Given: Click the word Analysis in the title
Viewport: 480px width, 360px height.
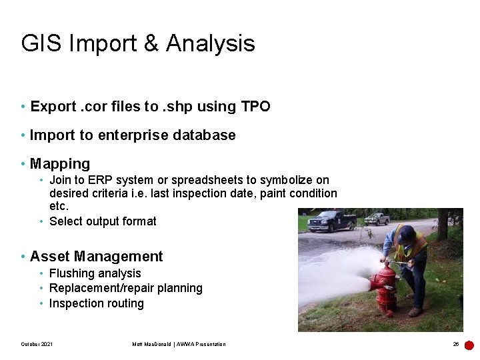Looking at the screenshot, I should (x=210, y=44).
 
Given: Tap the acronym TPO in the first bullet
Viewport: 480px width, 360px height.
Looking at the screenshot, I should (x=255, y=107).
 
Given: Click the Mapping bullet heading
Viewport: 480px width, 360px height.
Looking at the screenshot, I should (x=60, y=164).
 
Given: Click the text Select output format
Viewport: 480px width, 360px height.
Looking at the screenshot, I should (x=103, y=221).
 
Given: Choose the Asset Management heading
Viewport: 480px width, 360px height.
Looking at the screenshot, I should (x=96, y=257).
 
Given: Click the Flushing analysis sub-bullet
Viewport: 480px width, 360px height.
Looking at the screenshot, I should (x=95, y=273).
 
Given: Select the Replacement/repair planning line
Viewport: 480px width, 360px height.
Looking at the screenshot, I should (x=126, y=288).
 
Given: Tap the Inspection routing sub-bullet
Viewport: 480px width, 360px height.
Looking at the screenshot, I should (x=97, y=303).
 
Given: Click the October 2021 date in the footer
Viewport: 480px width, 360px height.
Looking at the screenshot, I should (x=37, y=344).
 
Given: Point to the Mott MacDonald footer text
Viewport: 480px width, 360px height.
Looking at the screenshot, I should (x=179, y=344).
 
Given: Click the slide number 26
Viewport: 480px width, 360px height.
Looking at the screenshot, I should (x=456, y=344).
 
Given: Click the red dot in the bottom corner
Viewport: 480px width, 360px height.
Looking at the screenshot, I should (x=469, y=345).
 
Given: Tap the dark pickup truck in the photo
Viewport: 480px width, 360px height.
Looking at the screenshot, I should (x=331, y=221).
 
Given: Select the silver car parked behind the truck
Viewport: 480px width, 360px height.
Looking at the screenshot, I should (x=377, y=219).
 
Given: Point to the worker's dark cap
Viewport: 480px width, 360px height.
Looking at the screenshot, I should (x=407, y=233).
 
